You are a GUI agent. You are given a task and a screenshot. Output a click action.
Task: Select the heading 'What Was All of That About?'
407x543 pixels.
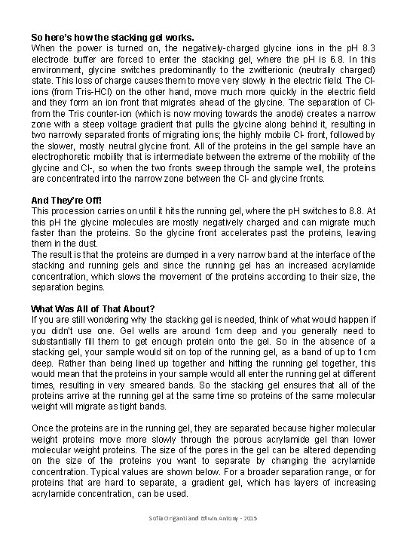click(93, 309)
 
